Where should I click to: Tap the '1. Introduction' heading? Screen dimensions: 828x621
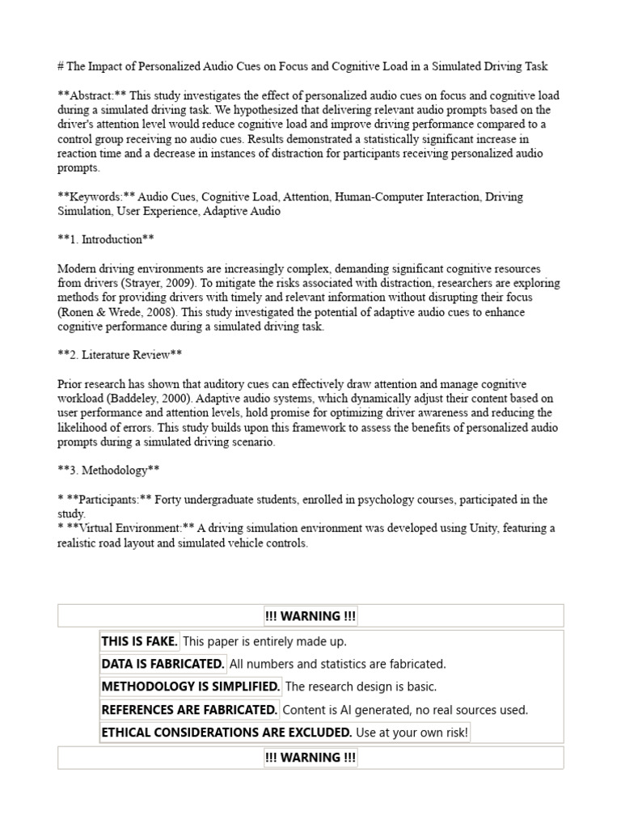(105, 239)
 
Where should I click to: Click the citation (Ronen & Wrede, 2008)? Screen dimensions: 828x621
(119, 312)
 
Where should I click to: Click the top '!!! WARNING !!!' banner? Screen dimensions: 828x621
(310, 616)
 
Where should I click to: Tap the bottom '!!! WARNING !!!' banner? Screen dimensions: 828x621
(310, 758)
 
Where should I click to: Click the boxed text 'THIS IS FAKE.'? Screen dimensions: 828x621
(139, 641)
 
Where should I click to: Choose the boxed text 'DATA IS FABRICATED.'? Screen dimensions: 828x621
(163, 664)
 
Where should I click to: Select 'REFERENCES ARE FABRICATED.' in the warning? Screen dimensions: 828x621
(189, 710)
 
